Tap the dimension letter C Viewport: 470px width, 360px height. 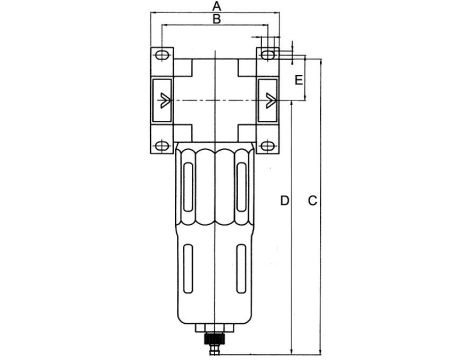coord(313,201)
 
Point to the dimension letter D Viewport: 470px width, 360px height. coord(285,201)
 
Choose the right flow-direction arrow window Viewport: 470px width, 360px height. coord(268,100)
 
